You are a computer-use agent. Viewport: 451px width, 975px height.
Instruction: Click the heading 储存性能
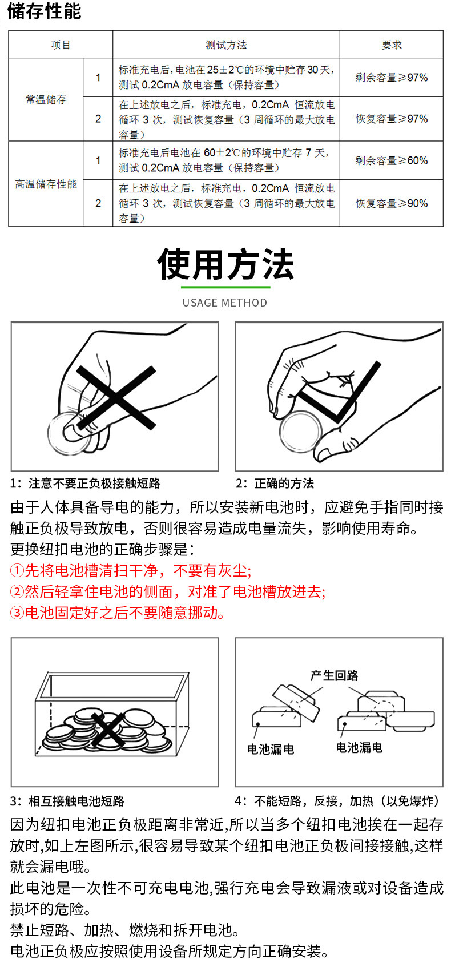44,11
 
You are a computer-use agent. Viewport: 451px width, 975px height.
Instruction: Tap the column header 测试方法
226,45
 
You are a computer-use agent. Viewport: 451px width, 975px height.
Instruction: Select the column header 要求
392,45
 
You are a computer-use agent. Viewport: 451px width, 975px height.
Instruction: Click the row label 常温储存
46,100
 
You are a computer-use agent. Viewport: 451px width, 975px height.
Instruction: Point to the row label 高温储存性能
46,184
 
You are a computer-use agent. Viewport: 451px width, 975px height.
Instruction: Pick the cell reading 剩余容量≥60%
392,160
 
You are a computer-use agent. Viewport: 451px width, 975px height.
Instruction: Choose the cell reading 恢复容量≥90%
392,203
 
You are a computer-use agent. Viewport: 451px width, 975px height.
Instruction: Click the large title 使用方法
226,264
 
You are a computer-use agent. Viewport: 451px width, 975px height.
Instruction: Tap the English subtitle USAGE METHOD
224,303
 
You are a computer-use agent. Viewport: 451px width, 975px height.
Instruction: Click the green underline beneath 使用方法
226,287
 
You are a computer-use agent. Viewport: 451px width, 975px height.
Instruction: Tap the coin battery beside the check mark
301,432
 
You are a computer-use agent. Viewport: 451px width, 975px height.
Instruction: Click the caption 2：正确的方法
275,483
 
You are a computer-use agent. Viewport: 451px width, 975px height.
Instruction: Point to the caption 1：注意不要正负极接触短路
85,483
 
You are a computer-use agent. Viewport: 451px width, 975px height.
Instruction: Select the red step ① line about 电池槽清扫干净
131,570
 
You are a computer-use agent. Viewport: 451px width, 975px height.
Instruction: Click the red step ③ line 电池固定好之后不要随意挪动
118,613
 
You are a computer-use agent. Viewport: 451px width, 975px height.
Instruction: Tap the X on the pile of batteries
107,729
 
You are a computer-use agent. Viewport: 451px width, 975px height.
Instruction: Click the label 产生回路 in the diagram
334,675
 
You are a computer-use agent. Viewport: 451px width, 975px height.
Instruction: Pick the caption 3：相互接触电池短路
67,801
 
